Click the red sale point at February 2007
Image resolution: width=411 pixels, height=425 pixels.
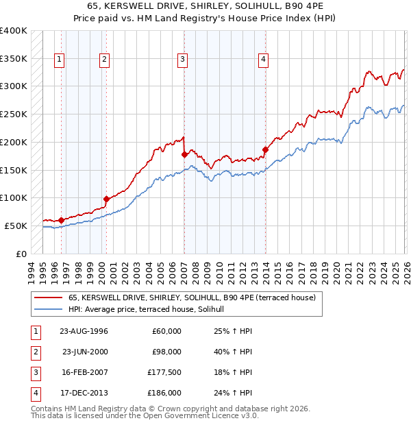[x=184, y=155]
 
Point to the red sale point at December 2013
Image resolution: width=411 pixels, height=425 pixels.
[x=265, y=149]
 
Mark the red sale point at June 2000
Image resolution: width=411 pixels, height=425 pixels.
[x=106, y=199]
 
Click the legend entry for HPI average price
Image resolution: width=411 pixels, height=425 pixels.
[x=151, y=310]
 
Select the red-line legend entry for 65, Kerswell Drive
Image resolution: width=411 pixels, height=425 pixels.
[x=192, y=298]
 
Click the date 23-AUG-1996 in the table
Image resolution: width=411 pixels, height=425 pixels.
[x=84, y=331]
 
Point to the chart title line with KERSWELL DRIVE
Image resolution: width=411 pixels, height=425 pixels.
[x=206, y=6]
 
